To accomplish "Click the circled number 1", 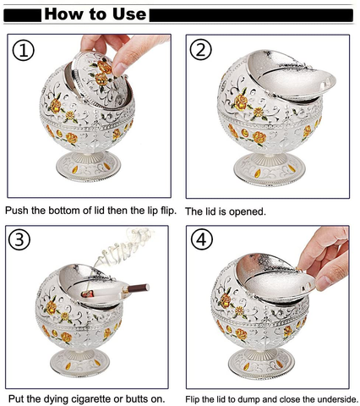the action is point(24,51).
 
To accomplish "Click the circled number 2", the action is point(201,50).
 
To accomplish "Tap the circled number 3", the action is point(19,239).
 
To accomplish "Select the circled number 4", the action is point(201,240).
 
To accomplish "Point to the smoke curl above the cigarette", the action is point(124,245).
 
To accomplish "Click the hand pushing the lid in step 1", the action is point(123,51).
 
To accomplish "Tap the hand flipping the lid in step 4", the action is point(324,261).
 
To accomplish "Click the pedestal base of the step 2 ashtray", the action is point(270,168).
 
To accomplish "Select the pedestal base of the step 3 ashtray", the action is point(79,362).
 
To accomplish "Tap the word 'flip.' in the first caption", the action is point(166,211).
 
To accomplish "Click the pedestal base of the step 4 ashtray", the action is point(261,363).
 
